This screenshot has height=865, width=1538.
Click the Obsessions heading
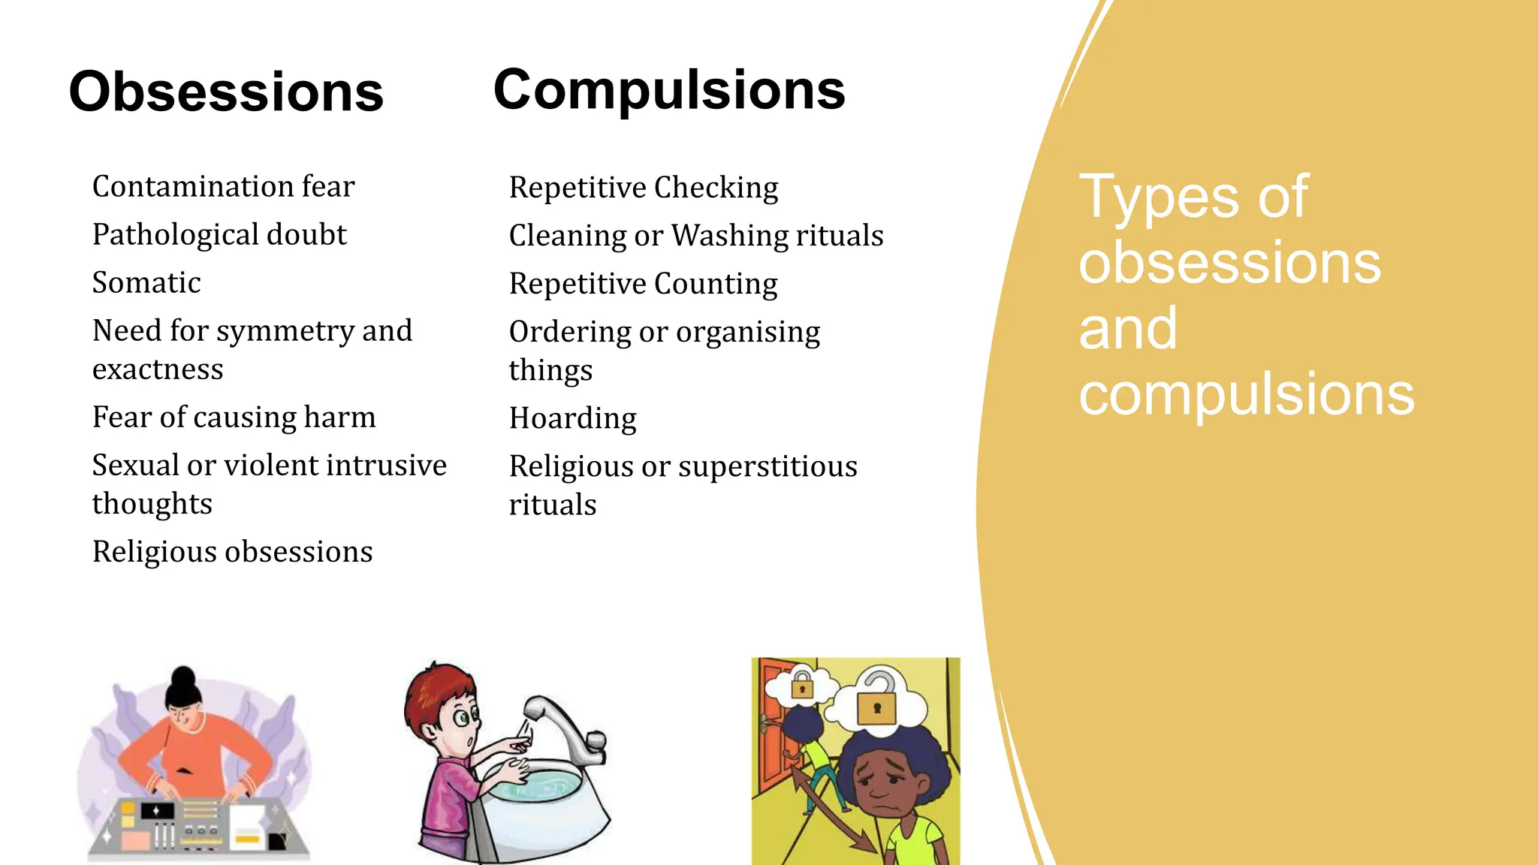point(226,92)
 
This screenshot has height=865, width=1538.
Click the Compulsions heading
point(669,90)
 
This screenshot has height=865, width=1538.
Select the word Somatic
point(146,283)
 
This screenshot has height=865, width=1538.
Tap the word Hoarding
point(573,418)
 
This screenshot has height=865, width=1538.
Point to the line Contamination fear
point(223,187)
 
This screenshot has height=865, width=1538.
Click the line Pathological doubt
point(219,235)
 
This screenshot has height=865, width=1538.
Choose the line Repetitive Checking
point(644,188)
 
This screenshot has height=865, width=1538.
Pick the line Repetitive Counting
point(643,284)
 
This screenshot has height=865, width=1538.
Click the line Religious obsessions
point(232,552)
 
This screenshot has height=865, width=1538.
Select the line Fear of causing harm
point(234,417)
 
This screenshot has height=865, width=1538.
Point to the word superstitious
point(767,467)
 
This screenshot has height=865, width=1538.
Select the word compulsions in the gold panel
point(1246,394)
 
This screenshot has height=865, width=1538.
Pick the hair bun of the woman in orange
point(182,678)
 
